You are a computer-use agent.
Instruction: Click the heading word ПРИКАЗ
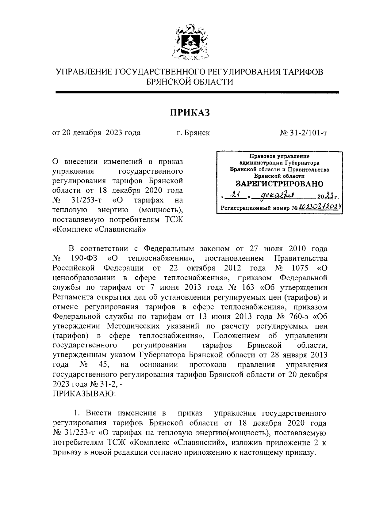pos(190,113)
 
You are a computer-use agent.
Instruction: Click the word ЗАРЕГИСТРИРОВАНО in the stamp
pos(279,184)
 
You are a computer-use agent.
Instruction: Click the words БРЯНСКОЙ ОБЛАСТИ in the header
pos(190,82)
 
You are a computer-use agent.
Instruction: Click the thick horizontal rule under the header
pos(197,92)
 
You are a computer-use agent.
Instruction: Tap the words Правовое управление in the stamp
pos(279,156)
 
